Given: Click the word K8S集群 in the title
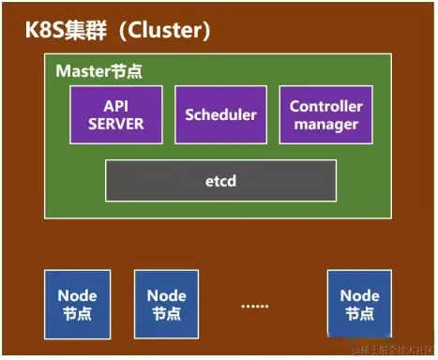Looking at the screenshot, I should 62,31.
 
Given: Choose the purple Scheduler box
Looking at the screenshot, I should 220,114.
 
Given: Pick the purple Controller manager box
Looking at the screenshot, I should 325,114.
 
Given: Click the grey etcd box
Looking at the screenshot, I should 220,180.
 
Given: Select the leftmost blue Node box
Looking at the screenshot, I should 77,304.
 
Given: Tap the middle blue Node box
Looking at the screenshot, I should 166,304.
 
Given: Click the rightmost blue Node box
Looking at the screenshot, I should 359,304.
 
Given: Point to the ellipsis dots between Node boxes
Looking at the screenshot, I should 256,306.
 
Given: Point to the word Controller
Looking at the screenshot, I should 325,106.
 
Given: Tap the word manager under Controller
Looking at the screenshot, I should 325,123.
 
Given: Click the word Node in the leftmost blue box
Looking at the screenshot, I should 77,295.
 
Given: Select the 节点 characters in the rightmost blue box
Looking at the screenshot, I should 359,313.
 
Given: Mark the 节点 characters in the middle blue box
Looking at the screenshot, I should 166,313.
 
